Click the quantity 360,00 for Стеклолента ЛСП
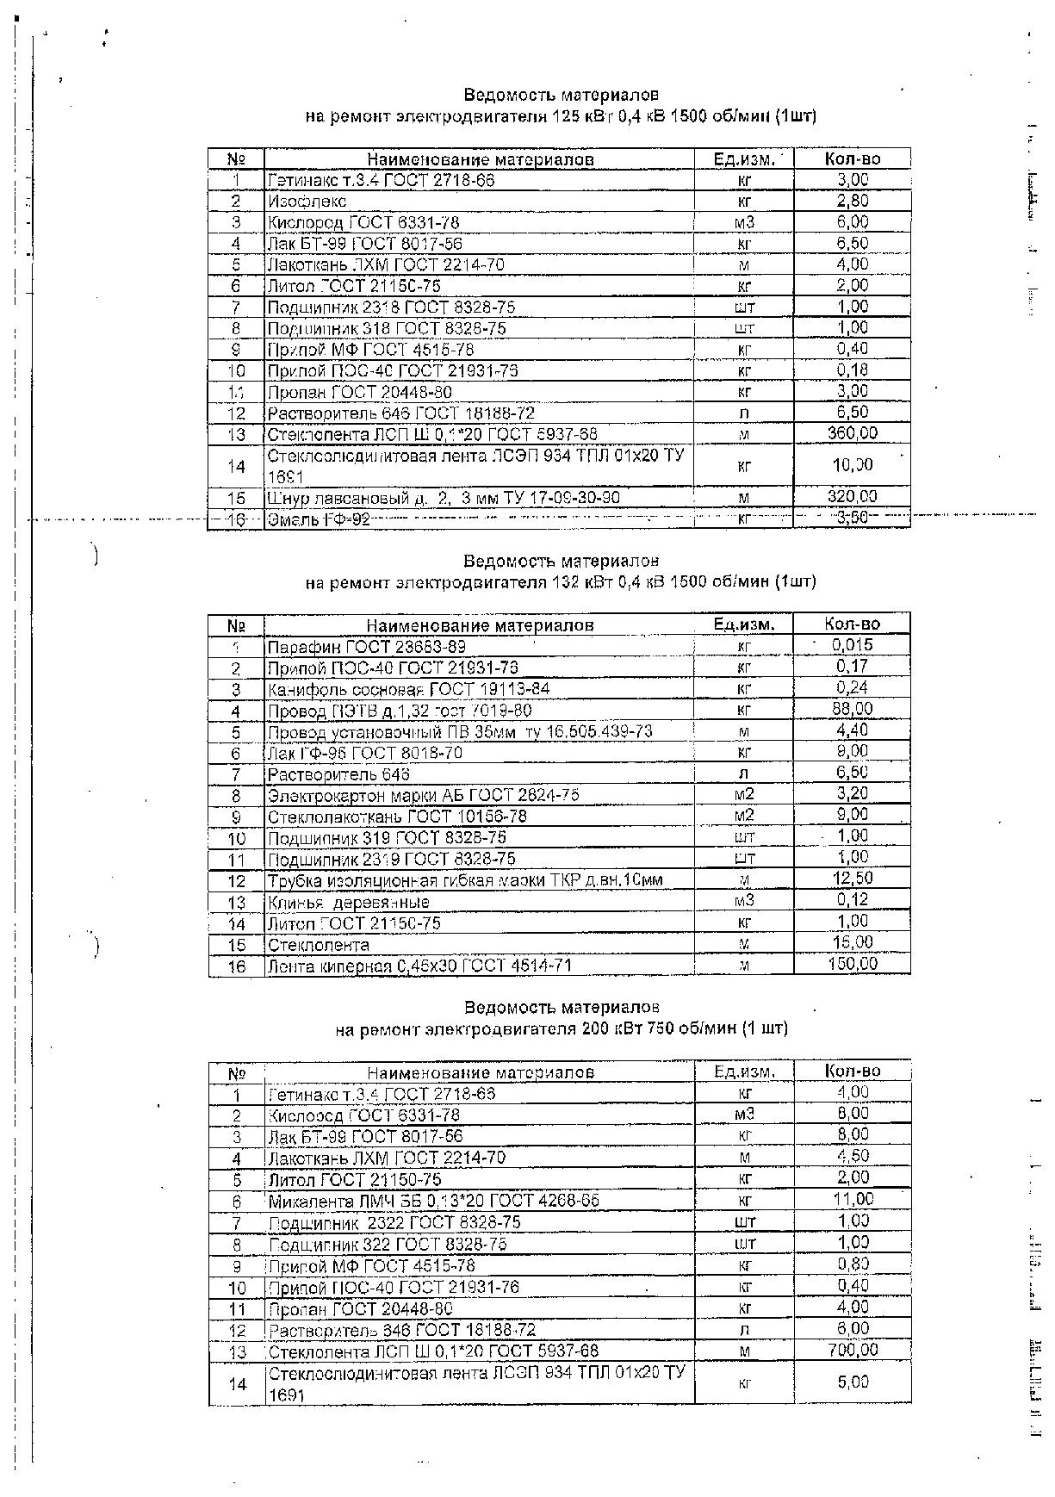852,433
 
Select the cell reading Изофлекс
307,202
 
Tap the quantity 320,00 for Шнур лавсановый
852,496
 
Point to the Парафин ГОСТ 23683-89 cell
367,647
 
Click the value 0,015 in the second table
852,645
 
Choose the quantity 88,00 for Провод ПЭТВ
852,709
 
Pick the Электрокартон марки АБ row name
423,795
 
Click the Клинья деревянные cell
348,903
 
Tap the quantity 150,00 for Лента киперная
852,964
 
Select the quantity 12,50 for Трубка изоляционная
852,879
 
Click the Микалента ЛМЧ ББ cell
434,1201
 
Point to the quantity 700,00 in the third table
852,1350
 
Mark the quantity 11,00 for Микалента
852,1199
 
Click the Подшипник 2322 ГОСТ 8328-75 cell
394,1222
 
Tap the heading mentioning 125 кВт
561,116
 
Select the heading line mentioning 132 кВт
561,582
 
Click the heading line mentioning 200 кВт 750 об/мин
562,1028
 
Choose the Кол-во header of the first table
852,158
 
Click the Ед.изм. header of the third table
744,1072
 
